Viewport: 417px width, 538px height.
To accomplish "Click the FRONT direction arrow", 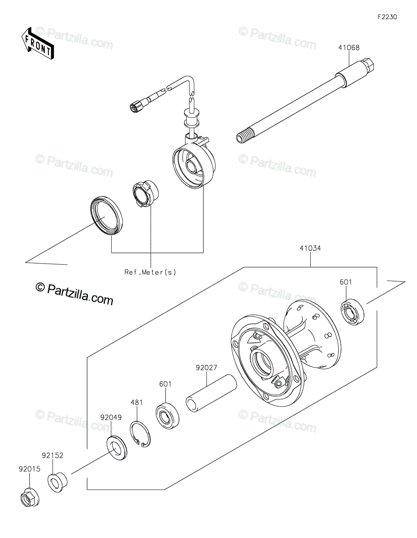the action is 37,43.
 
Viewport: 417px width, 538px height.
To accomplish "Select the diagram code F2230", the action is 387,17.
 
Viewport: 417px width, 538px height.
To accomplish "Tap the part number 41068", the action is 349,48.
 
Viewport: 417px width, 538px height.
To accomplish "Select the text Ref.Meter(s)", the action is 150,272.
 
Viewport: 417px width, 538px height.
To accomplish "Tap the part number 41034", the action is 310,248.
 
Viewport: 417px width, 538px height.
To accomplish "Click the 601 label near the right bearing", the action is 346,282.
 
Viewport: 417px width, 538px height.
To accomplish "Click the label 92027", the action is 206,375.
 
